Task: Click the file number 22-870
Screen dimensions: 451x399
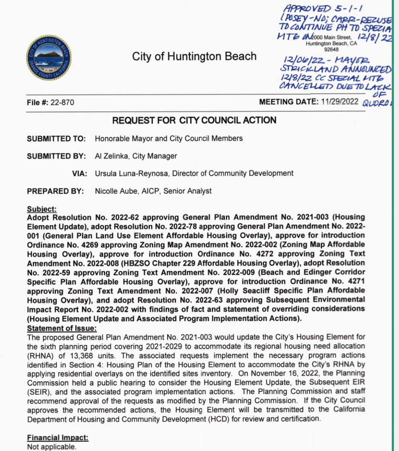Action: [x=64, y=103]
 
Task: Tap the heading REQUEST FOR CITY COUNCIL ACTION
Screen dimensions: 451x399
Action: [x=194, y=120]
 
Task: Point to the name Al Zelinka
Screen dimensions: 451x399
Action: [x=110, y=156]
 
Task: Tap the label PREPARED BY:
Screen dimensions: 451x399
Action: [x=55, y=191]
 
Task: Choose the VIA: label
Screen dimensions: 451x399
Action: [x=80, y=174]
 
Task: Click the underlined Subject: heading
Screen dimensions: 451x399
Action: [x=42, y=209]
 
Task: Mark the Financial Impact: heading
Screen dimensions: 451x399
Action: [x=58, y=438]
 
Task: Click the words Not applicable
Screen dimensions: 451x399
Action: [x=51, y=447]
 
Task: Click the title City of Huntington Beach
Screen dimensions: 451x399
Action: [x=194, y=57]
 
